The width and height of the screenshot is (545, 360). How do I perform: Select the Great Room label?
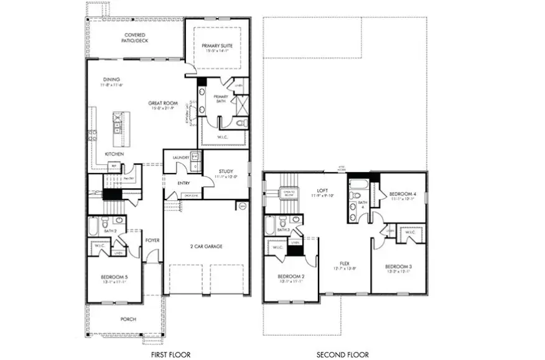[x=163, y=103]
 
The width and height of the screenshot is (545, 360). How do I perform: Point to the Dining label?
[x=111, y=80]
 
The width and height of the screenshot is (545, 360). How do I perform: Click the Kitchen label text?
[x=114, y=154]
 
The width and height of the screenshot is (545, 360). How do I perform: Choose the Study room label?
[x=226, y=172]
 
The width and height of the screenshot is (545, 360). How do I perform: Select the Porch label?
[x=128, y=319]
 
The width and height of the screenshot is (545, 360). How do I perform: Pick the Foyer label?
[x=152, y=239]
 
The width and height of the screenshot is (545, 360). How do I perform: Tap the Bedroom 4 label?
[x=401, y=194]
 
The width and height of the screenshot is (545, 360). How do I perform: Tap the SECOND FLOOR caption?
[x=342, y=354]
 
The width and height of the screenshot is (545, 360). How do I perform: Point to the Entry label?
[x=184, y=183]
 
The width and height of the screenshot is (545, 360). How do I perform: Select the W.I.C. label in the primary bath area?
[x=221, y=137]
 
